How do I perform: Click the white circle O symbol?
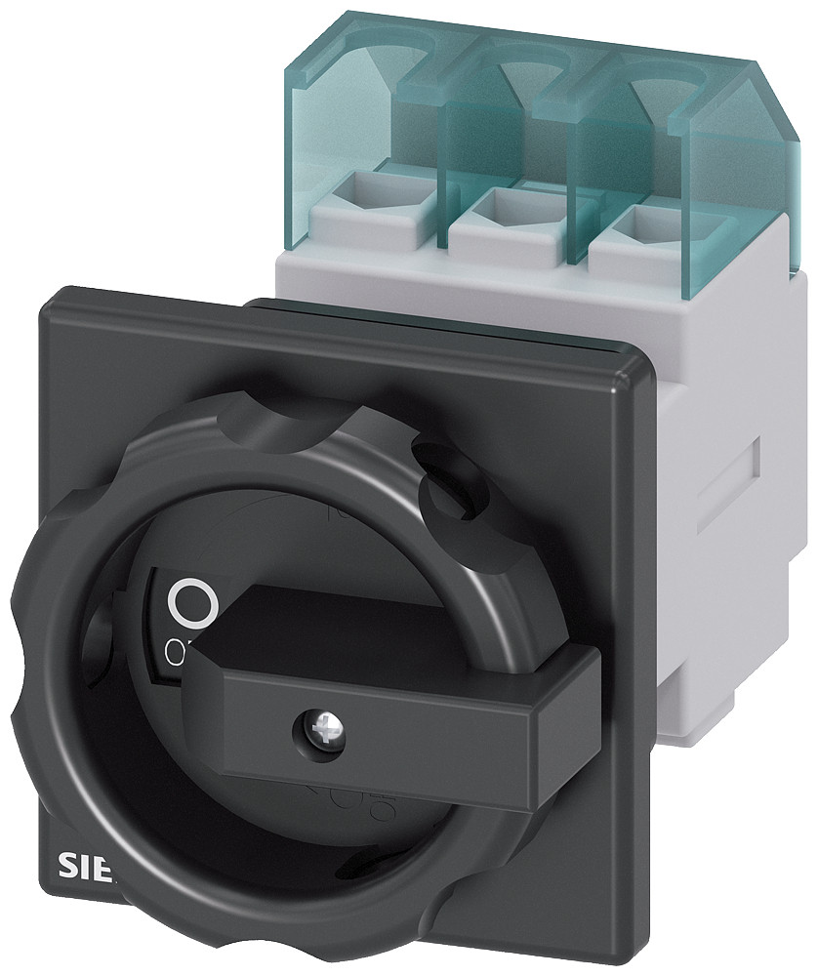pyautogui.click(x=190, y=603)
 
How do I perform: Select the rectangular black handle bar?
pyautogui.click(x=390, y=683)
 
